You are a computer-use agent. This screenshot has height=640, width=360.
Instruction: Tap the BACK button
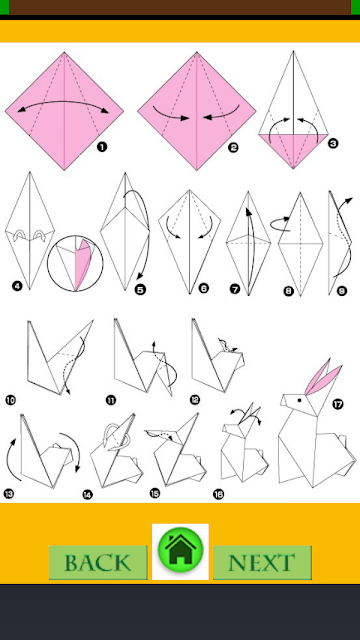98,562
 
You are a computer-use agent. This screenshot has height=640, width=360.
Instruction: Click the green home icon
180,549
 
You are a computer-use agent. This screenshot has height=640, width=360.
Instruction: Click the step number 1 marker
102,147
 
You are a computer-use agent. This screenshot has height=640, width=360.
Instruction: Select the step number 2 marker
233,147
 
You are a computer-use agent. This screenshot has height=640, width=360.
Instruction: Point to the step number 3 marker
333,143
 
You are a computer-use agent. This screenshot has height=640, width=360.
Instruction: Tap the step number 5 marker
140,290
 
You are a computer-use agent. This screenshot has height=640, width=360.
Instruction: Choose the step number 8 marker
289,291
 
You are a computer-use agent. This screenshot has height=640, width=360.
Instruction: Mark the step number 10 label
11,400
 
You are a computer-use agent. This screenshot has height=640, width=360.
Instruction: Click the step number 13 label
9,494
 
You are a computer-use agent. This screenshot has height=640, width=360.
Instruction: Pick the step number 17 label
338,404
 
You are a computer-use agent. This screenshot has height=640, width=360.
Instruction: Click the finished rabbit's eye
299,400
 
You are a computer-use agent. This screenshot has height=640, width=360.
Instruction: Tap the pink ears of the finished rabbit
323,376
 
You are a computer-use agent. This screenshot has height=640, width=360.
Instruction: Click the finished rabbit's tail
342,440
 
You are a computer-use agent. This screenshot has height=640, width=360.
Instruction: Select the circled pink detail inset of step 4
75,263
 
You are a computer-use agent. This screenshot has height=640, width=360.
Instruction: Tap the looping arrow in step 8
280,224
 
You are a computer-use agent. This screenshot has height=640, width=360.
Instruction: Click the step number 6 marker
203,289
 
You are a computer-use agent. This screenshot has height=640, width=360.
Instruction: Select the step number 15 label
154,493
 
